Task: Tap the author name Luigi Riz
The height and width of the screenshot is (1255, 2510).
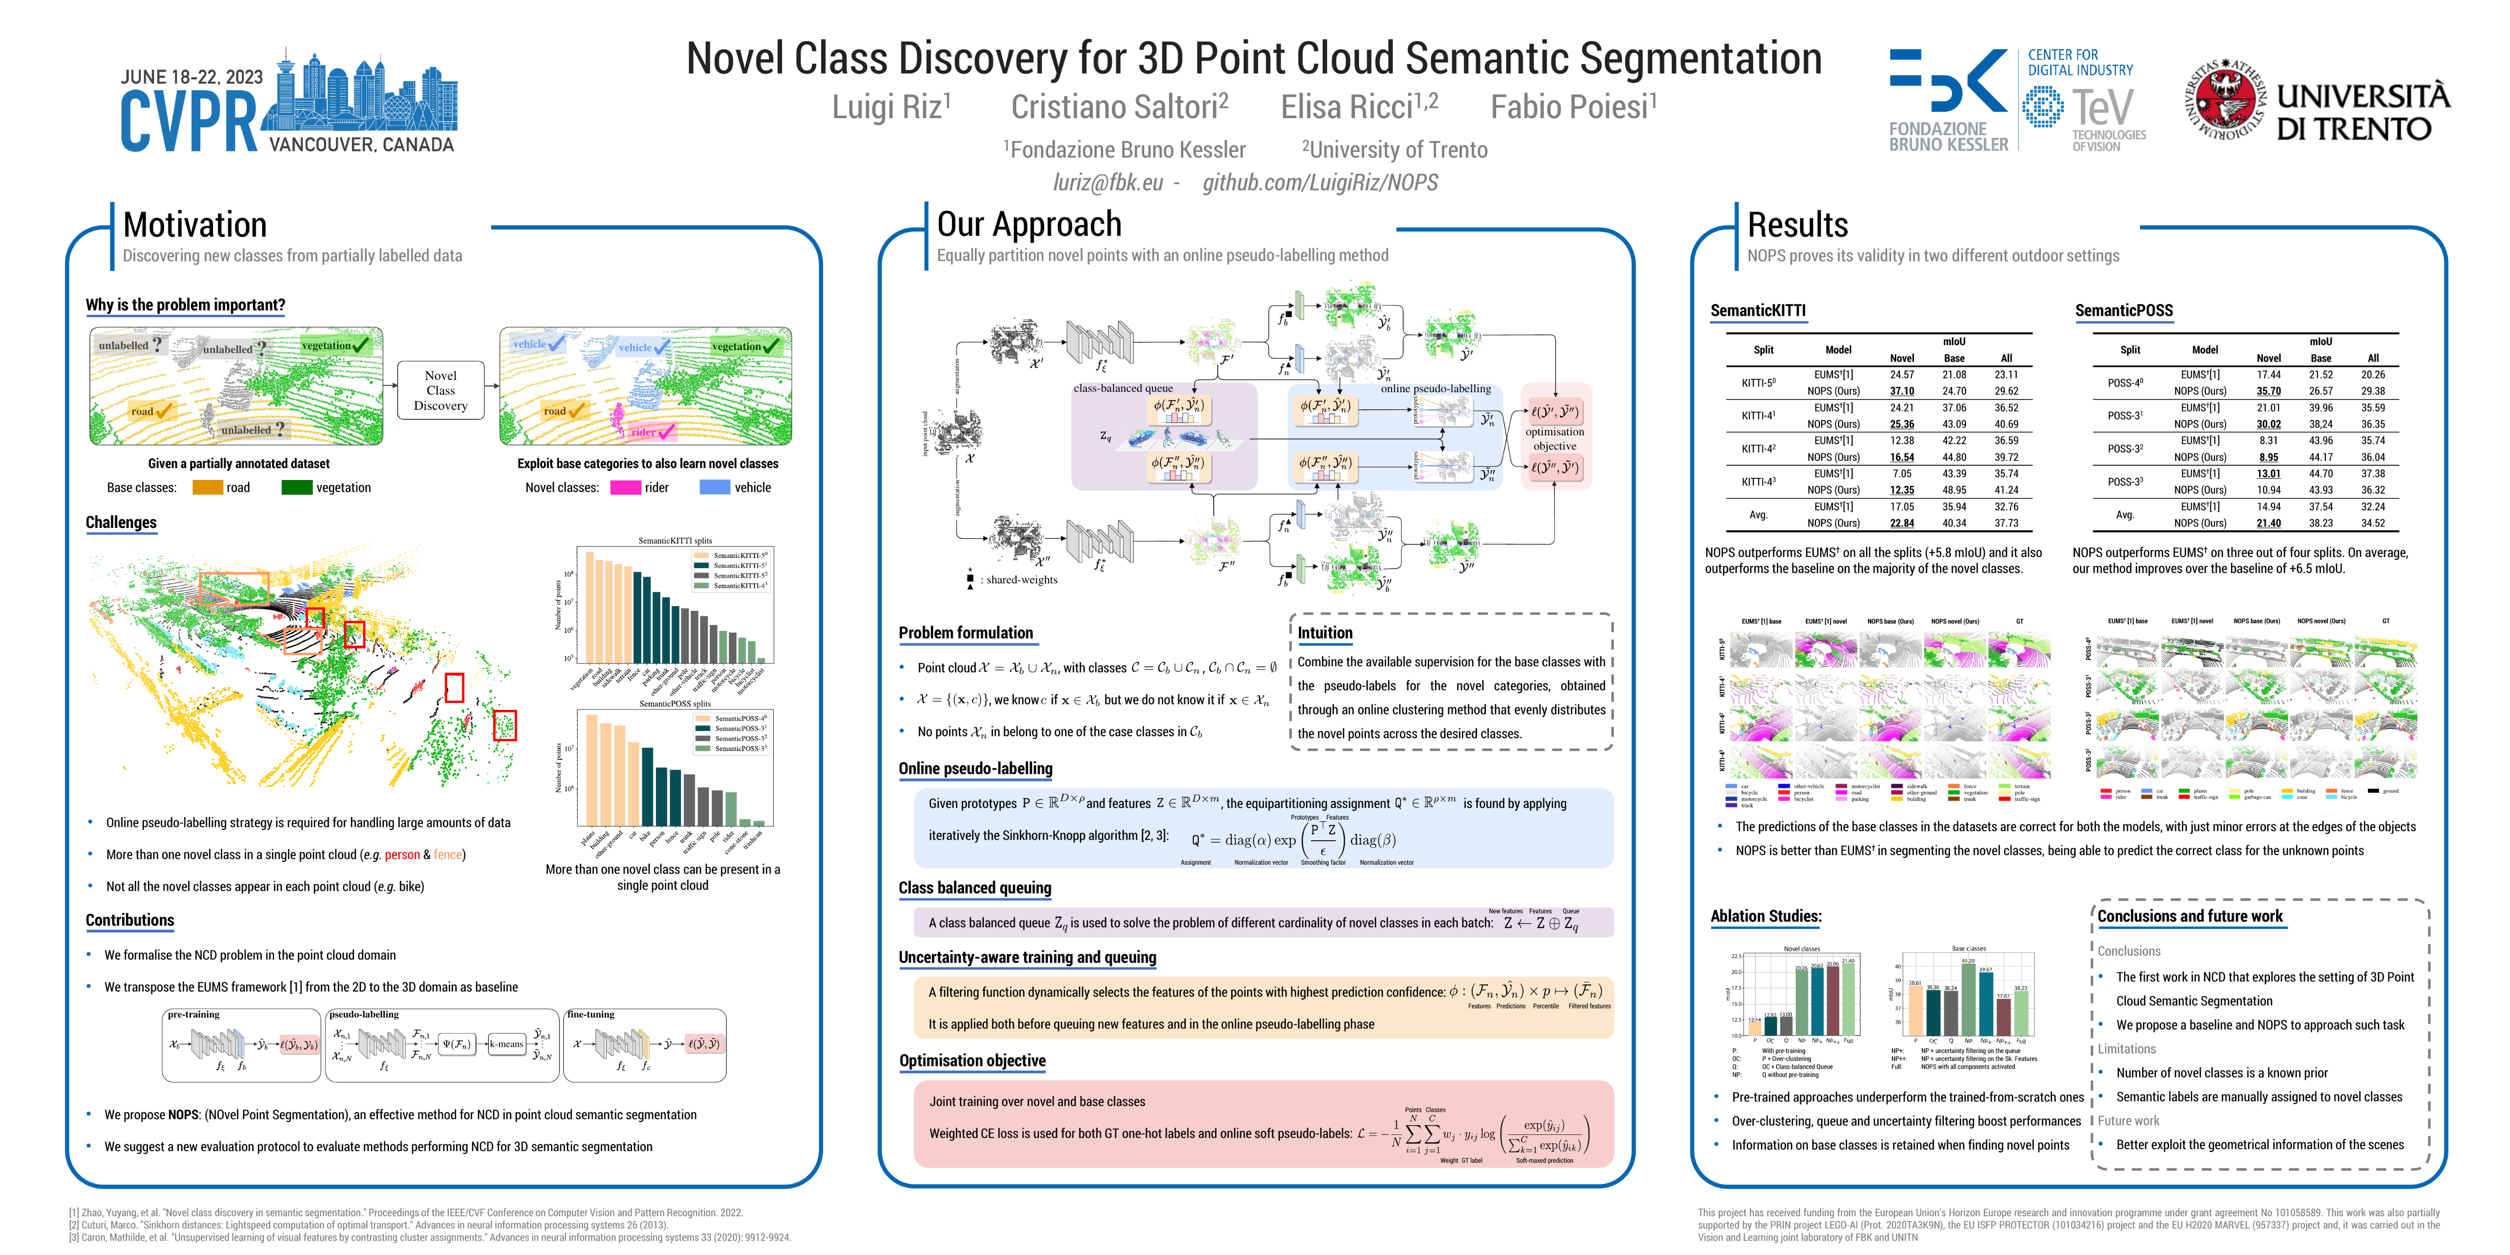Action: click(891, 107)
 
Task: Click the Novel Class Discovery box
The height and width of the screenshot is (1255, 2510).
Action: click(440, 391)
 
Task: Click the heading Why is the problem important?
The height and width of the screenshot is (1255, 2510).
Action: click(185, 305)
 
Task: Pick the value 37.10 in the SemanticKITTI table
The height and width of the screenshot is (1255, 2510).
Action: click(1901, 391)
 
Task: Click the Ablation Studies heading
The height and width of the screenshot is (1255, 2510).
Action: click(1765, 916)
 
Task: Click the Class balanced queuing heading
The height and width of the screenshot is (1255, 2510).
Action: click(975, 888)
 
